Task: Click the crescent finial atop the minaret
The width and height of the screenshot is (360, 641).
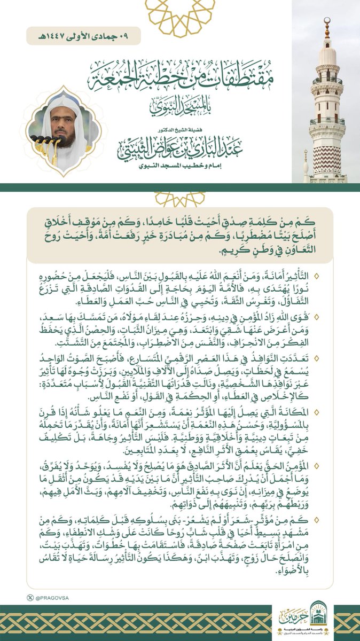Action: click(327, 21)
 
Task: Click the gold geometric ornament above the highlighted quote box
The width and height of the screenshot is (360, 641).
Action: click(180, 199)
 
